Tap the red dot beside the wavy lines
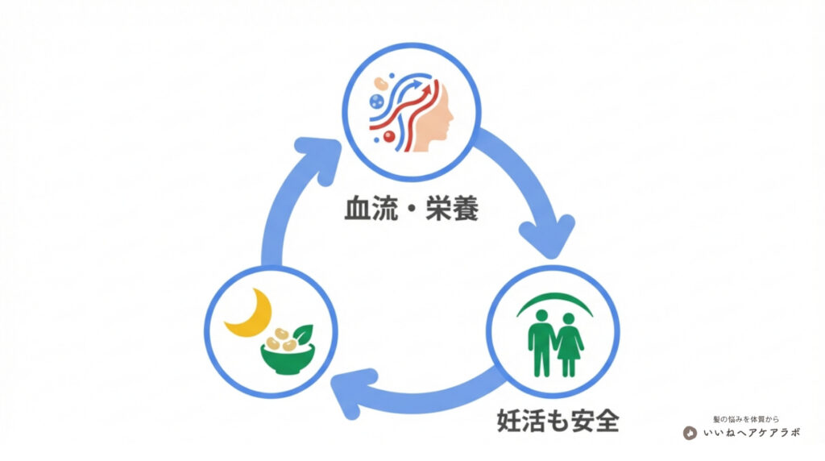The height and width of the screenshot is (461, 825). [389, 138]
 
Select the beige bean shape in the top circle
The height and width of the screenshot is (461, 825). [380, 83]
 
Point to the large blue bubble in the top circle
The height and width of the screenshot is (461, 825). [375, 102]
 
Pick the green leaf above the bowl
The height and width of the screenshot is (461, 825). [303, 332]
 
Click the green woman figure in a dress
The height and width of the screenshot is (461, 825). [570, 345]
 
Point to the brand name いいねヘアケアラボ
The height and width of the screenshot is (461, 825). [751, 433]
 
